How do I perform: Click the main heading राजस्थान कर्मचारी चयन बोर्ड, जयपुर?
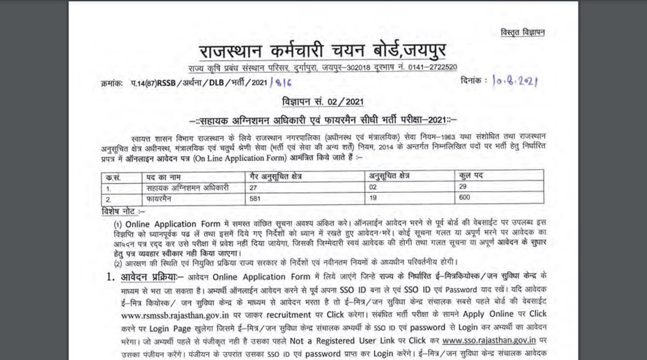coord(323,50)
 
